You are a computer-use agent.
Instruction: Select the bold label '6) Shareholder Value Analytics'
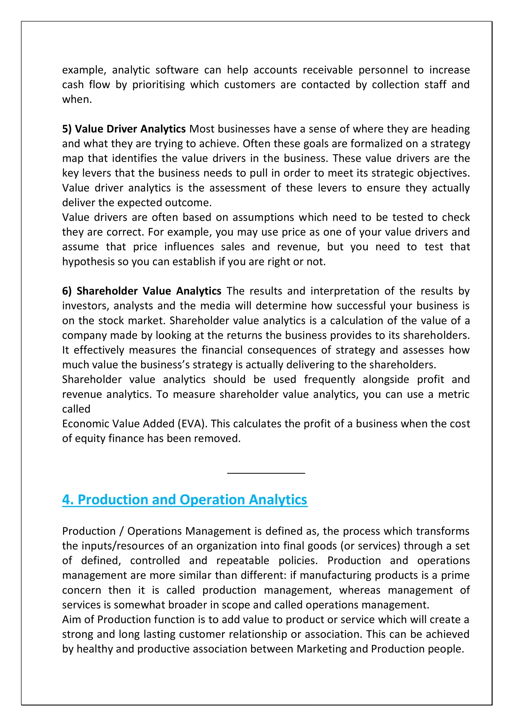tap(142, 291)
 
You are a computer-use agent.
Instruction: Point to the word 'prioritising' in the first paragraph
tap(158, 85)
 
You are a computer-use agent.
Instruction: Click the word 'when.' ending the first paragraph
tap(77, 99)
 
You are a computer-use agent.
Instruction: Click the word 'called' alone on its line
tap(76, 409)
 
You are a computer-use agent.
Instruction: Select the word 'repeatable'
tap(243, 561)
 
